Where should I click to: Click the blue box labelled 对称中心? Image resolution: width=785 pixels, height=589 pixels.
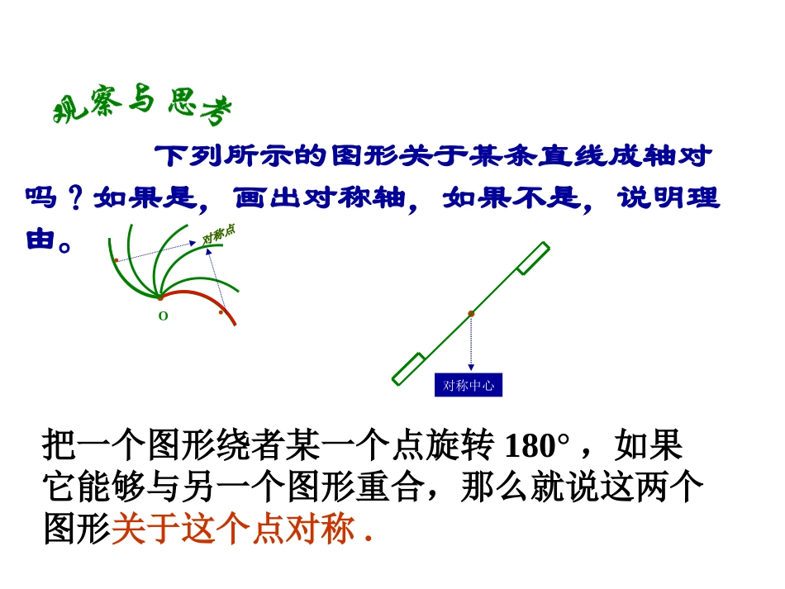(x=469, y=386)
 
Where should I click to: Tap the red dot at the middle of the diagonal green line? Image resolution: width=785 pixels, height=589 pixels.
(x=471, y=313)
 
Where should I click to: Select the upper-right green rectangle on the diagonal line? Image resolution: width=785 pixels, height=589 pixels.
(x=533, y=257)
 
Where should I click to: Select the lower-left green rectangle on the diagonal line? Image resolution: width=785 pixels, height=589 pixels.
(x=409, y=368)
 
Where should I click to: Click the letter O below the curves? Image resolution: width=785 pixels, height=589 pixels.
(x=163, y=316)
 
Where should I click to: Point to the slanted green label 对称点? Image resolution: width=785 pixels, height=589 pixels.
(x=219, y=234)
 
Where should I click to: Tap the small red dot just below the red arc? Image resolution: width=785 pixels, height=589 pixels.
(x=221, y=312)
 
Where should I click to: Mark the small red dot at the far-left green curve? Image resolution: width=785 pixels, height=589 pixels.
(x=116, y=260)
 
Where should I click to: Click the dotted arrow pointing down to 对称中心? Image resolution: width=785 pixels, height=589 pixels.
(x=471, y=343)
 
